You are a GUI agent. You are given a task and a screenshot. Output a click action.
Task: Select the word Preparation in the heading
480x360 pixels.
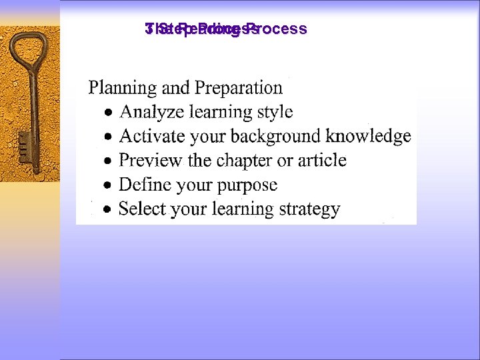pyautogui.click(x=239, y=88)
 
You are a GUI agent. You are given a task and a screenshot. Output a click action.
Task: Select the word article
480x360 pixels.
pyautogui.click(x=322, y=160)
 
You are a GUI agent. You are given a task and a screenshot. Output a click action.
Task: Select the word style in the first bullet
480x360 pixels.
pyautogui.click(x=275, y=112)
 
